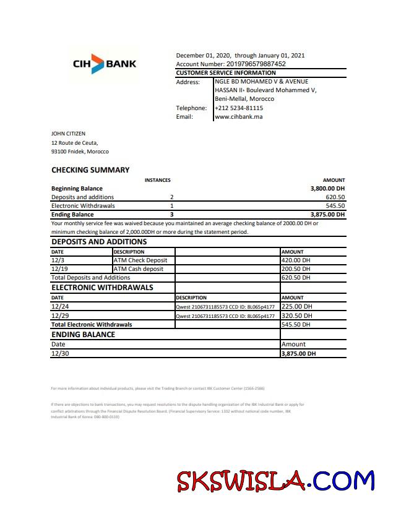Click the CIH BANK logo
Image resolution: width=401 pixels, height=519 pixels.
tap(105, 64)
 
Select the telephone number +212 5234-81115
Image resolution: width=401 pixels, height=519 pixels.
tap(239, 108)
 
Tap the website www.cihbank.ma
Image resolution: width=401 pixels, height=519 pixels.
tap(239, 116)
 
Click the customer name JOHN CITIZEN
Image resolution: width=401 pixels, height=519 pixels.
tap(68, 133)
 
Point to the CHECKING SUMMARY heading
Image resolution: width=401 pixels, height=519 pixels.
tap(90, 170)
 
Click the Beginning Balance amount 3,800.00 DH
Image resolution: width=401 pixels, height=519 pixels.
tap(327, 188)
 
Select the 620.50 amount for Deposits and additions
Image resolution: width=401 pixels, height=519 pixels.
tap(335, 197)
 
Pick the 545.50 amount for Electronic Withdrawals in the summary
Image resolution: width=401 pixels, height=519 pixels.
tap(335, 205)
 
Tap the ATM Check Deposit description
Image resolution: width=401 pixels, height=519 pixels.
tap(140, 260)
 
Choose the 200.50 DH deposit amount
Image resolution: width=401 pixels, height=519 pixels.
tap(296, 269)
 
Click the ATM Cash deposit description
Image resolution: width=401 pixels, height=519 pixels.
tap(139, 269)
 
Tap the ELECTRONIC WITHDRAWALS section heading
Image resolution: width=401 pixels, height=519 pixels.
tap(102, 288)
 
